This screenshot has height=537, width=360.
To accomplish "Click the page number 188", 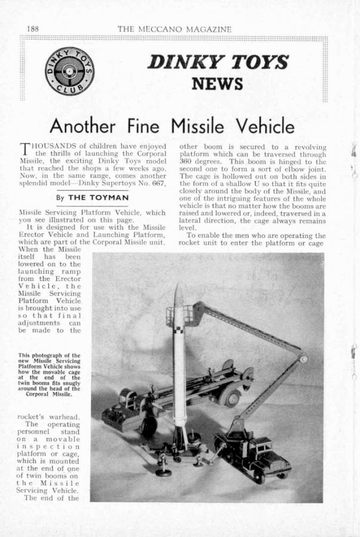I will click(x=33, y=29).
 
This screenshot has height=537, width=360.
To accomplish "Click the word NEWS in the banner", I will click(x=217, y=83).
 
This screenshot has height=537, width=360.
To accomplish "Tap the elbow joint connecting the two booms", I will click(x=303, y=359).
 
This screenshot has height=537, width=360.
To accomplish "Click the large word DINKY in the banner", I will click(x=179, y=62).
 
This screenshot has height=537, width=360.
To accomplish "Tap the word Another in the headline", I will click(x=78, y=126).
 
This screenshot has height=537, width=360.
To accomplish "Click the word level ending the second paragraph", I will click(x=189, y=227).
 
